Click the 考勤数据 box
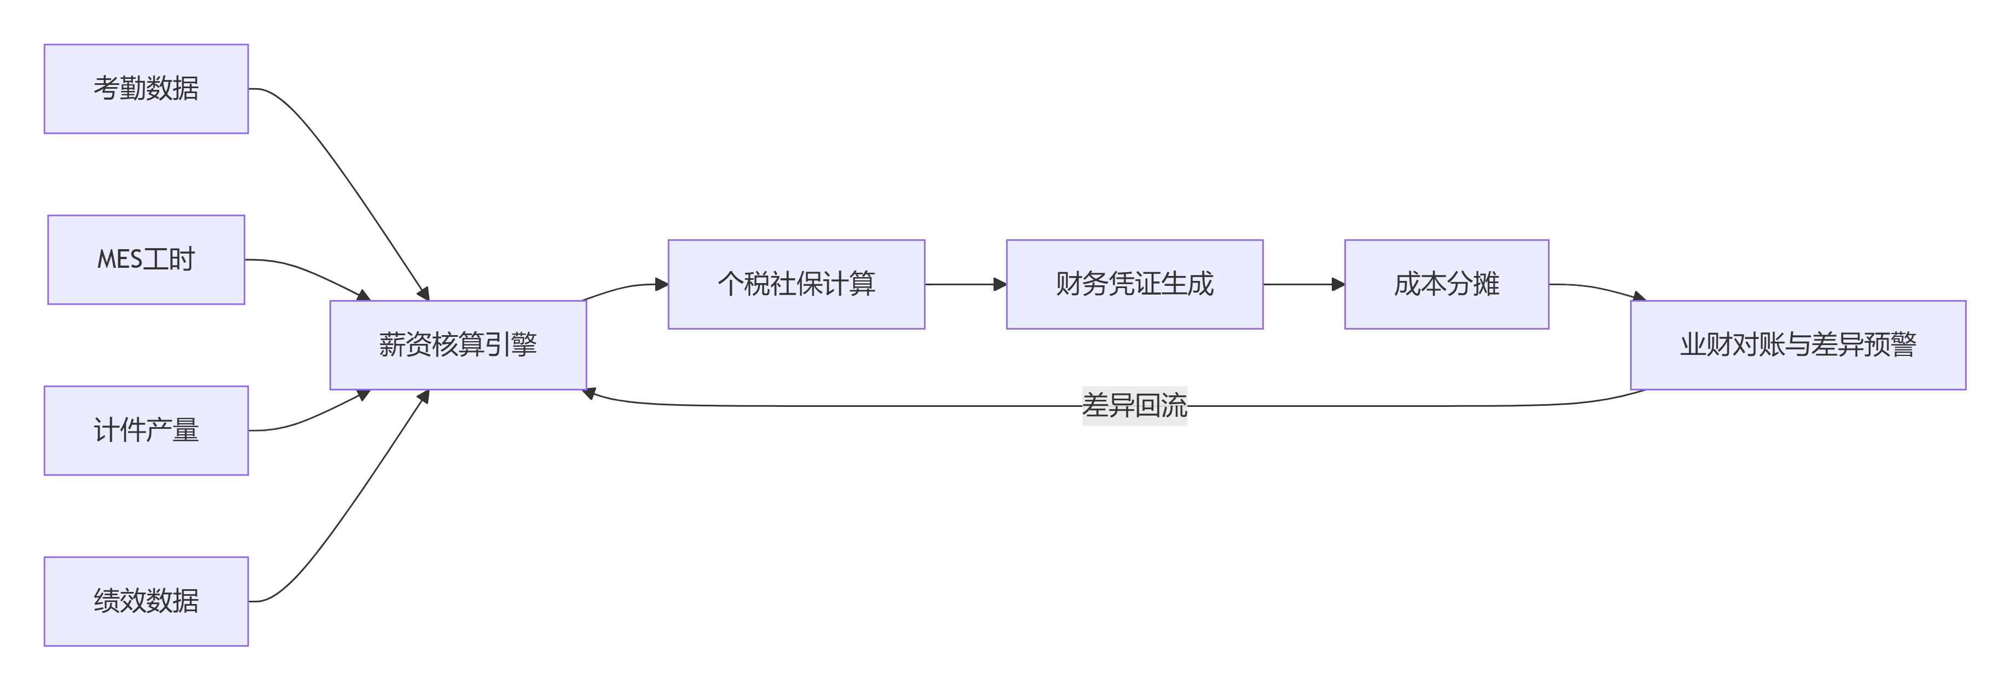(x=146, y=89)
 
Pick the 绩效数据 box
(x=146, y=602)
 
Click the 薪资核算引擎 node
(x=458, y=345)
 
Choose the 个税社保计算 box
(x=796, y=285)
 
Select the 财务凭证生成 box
(x=1135, y=285)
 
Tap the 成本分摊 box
(x=1447, y=285)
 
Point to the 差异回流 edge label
(x=1135, y=406)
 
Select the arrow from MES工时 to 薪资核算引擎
(x=312, y=273)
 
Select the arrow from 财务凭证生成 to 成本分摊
(x=1304, y=285)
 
